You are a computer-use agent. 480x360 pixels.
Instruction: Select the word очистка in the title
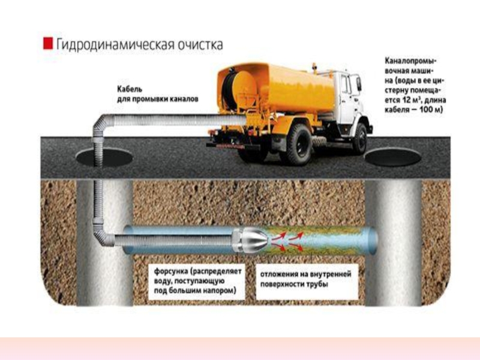[199, 44]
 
